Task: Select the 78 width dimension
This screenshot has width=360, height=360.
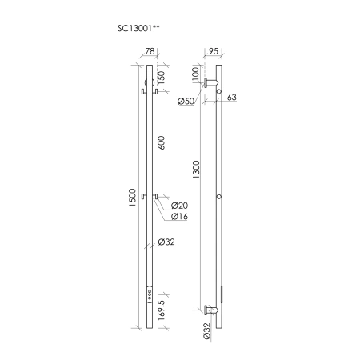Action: pos(150,51)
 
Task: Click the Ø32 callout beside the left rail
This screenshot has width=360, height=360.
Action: pos(166,242)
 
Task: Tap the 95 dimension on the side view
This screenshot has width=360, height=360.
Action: pos(214,51)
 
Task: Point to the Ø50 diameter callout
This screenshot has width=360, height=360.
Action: pos(185,102)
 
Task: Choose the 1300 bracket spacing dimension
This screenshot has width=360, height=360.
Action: pos(198,170)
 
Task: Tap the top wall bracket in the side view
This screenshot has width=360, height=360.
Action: pos(210,83)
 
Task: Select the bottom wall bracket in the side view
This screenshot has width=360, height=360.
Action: pos(210,309)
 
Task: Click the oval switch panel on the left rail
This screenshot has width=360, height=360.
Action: pos(150,293)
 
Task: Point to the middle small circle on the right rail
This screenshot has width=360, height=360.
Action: pos(219,197)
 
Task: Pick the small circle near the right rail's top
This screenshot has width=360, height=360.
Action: pos(219,93)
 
